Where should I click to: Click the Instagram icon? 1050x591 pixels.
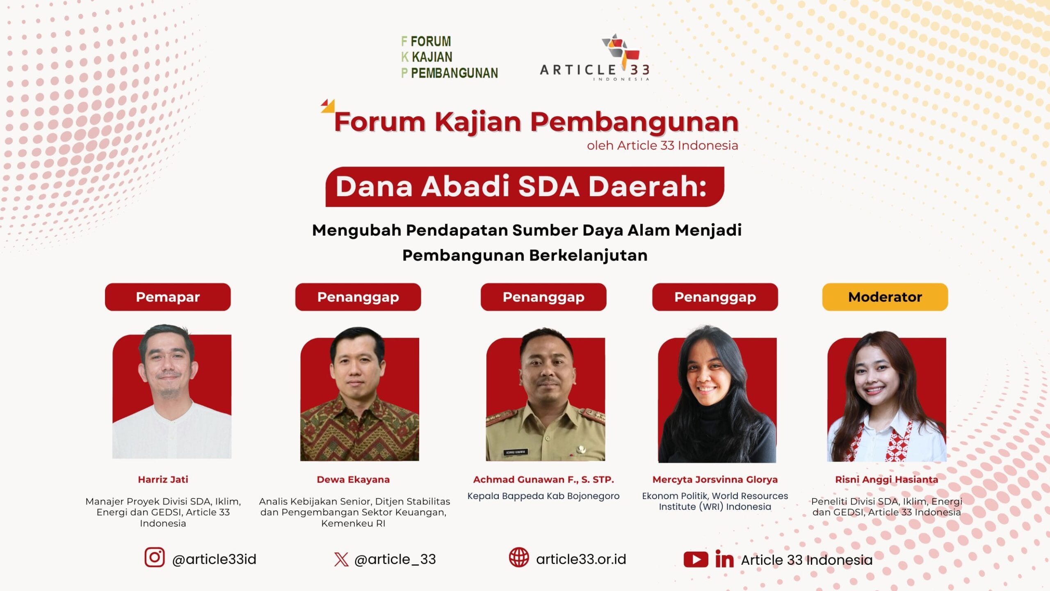click(x=155, y=557)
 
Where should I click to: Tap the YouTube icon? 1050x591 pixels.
click(x=696, y=559)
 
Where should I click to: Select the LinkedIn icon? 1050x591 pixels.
click(x=724, y=559)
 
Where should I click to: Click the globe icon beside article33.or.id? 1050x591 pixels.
click(x=519, y=557)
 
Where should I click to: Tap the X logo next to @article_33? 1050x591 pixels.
click(x=341, y=559)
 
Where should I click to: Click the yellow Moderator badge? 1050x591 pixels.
click(x=885, y=297)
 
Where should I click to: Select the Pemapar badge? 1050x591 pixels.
click(x=168, y=297)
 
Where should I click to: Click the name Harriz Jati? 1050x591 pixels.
click(x=163, y=479)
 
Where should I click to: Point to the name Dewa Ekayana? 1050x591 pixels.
click(x=353, y=479)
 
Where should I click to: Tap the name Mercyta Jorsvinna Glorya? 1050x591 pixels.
click(x=715, y=479)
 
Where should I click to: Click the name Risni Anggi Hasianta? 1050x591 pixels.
click(x=886, y=479)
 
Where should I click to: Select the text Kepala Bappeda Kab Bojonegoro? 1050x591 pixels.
click(x=543, y=496)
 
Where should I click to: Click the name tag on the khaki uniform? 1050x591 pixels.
click(x=516, y=452)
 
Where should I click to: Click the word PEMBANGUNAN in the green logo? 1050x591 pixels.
click(x=454, y=73)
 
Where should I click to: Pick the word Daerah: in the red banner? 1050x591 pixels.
click(x=648, y=186)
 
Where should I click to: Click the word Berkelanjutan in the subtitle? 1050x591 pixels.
click(x=588, y=255)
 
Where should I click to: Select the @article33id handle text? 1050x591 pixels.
click(x=214, y=559)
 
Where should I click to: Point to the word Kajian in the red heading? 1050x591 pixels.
click(x=478, y=122)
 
